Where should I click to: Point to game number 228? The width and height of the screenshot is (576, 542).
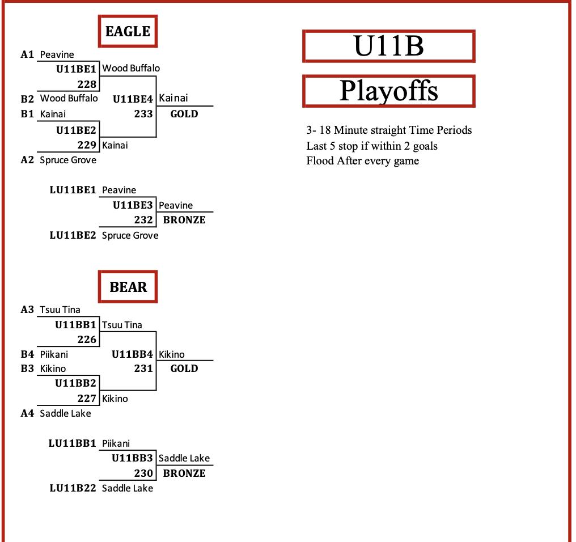pyautogui.click(x=87, y=84)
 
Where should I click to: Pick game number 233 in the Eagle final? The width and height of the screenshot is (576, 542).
pyautogui.click(x=143, y=114)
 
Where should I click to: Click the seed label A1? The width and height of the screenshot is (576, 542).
pyautogui.click(x=27, y=54)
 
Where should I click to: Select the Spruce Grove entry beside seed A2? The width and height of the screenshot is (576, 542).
pyautogui.click(x=68, y=160)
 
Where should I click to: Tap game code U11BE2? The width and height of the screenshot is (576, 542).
pyautogui.click(x=76, y=130)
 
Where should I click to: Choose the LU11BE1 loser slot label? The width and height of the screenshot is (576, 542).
pyautogui.click(x=73, y=190)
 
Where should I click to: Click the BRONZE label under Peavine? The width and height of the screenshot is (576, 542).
pyautogui.click(x=184, y=220)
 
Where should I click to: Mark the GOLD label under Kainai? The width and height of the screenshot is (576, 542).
pyautogui.click(x=184, y=114)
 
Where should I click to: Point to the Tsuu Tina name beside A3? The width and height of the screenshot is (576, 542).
pyautogui.click(x=60, y=310)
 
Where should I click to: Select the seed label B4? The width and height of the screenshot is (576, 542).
pyautogui.click(x=27, y=354)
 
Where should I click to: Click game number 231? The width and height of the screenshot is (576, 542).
pyautogui.click(x=143, y=369)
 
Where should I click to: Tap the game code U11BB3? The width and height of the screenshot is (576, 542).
pyautogui.click(x=132, y=458)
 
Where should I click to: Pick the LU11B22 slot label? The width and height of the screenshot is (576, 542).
pyautogui.click(x=73, y=488)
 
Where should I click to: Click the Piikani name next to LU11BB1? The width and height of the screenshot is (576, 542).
pyautogui.click(x=116, y=443)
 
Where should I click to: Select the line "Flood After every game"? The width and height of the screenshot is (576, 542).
pyautogui.click(x=363, y=161)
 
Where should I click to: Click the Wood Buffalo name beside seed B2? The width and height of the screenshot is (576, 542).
pyautogui.click(x=69, y=98)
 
